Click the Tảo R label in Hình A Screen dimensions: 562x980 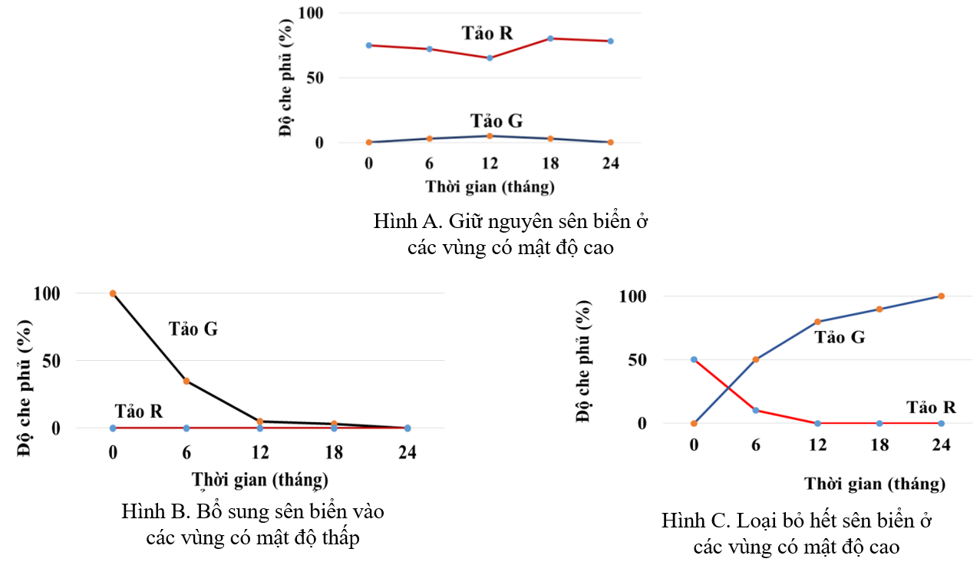coord(487,33)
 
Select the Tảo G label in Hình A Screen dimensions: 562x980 coord(497,121)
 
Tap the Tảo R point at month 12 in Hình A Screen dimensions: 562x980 coord(490,58)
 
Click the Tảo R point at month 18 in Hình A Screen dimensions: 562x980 coord(550,38)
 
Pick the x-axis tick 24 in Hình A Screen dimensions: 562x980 coord(610,163)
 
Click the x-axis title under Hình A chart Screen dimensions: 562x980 coord(490,186)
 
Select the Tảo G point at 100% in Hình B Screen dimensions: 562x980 coord(113,293)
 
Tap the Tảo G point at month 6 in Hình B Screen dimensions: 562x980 coord(186,381)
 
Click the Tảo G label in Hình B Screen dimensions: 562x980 coord(193,329)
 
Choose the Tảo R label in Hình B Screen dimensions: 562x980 coord(139,411)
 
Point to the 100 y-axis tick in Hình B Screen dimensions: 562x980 coord(48,293)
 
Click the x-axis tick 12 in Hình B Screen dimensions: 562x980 coord(260,452)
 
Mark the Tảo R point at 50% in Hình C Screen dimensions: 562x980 coord(694,359)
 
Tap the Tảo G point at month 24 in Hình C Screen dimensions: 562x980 coord(941,296)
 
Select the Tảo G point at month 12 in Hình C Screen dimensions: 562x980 coord(817,322)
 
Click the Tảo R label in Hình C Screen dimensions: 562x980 coord(931,407)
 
